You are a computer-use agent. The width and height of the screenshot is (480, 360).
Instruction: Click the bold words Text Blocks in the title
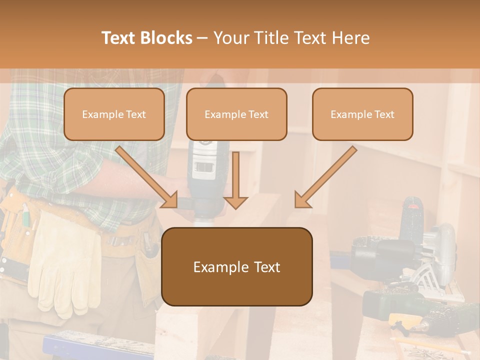(x=146, y=38)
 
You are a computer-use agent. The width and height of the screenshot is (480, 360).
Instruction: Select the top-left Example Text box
(x=114, y=114)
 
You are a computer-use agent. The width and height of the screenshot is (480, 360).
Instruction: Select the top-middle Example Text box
(x=236, y=114)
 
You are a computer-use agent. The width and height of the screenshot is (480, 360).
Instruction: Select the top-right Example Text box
(x=362, y=114)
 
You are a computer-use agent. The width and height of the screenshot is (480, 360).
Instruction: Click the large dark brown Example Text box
(x=236, y=266)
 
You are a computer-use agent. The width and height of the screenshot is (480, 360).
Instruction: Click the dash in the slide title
(x=202, y=38)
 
